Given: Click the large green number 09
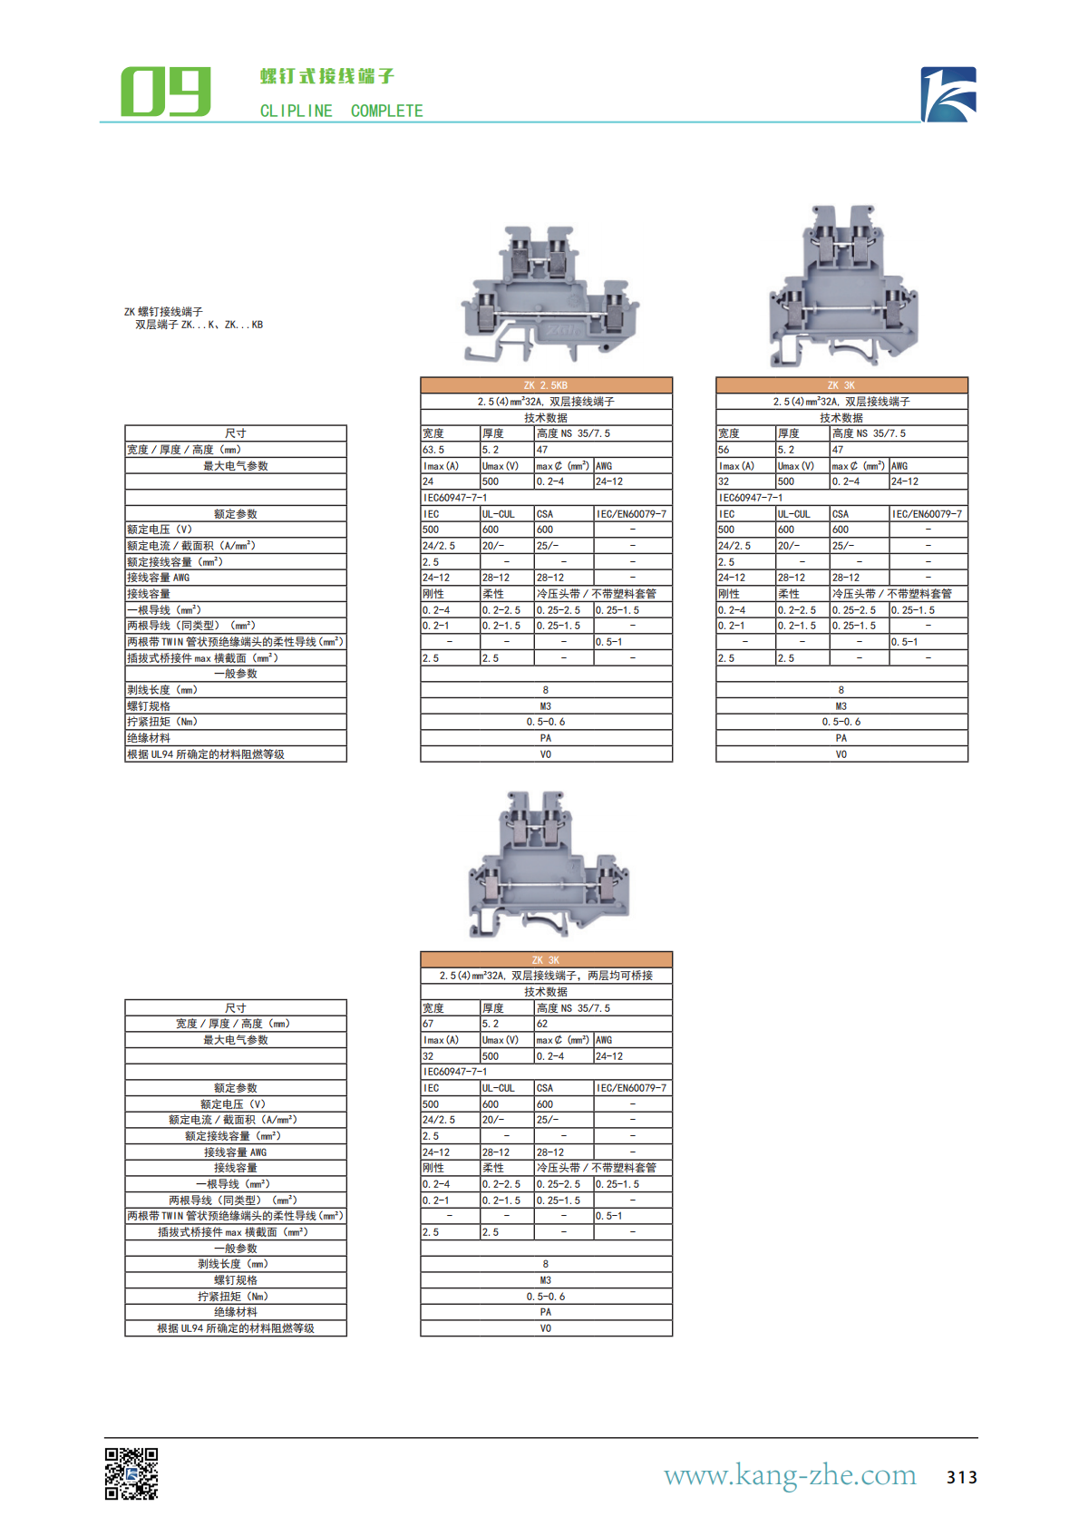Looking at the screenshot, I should pyautogui.click(x=166, y=92).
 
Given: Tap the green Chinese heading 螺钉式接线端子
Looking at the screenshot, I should pyautogui.click(x=327, y=76).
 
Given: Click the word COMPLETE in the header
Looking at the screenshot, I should pyautogui.click(x=386, y=111).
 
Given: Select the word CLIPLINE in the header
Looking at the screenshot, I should pyautogui.click(x=296, y=111).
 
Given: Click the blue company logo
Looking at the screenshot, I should pyautogui.click(x=948, y=94).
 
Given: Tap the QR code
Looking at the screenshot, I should pyautogui.click(x=131, y=1473).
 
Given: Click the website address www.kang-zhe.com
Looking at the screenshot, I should pyautogui.click(x=790, y=1475).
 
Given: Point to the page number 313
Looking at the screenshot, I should pyautogui.click(x=961, y=1477).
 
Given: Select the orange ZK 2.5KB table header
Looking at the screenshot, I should pyautogui.click(x=546, y=384).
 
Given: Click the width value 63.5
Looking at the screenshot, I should pyautogui.click(x=433, y=450).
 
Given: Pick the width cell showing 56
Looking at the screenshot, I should pyautogui.click(x=724, y=450).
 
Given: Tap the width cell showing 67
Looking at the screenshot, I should pyautogui.click(x=428, y=1024).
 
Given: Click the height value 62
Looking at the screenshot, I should pyautogui.click(x=542, y=1024).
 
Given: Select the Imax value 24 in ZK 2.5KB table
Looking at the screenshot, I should pyautogui.click(x=428, y=481).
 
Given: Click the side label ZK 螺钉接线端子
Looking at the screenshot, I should pyautogui.click(x=163, y=311).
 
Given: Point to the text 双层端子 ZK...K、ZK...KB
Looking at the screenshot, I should pyautogui.click(x=199, y=325).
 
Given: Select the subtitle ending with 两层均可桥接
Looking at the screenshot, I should pyautogui.click(x=546, y=976).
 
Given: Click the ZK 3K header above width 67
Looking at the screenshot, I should pyautogui.click(x=546, y=959).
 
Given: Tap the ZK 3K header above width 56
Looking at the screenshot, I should pyautogui.click(x=841, y=384).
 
